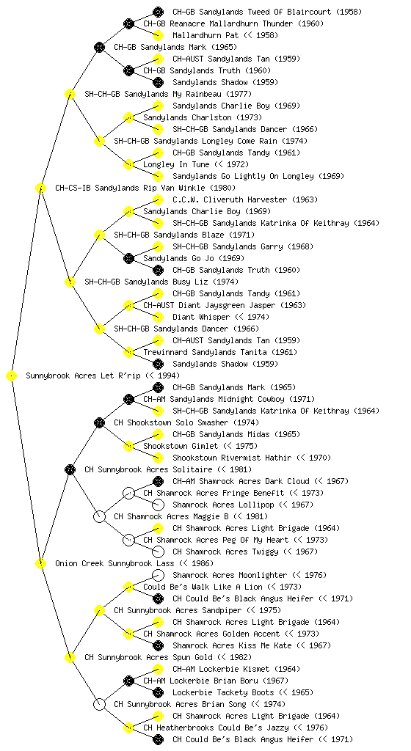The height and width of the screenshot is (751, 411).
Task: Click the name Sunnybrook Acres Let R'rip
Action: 84,376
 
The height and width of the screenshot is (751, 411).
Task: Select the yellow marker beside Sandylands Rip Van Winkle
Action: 40,188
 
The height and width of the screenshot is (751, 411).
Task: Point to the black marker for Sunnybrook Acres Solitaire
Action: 70,470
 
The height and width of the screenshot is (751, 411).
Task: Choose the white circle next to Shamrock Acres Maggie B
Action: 99,517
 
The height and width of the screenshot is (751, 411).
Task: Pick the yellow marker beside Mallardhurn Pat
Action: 158,35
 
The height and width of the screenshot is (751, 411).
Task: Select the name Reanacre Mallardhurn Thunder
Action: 228,23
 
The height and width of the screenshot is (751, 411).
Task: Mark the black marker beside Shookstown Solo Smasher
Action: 99,423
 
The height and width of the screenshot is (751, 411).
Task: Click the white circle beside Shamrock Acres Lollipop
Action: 158,505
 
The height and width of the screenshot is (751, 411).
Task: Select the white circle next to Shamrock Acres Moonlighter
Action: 158,575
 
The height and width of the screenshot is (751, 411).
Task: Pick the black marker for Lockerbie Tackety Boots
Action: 158,692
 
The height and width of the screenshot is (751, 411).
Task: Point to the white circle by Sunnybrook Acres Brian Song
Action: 99,705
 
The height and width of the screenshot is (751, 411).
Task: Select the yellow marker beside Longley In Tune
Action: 128,165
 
